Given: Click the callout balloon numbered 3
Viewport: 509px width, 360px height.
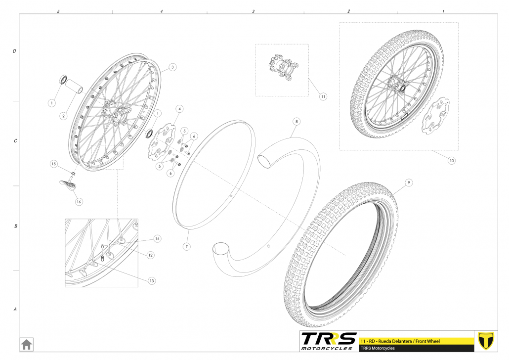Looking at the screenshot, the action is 172,67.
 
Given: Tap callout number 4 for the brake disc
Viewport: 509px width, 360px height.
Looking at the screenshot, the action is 179,109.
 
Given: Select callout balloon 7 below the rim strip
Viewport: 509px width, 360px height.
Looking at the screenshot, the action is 186,247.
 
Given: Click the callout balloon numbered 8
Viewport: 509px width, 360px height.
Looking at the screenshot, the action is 297,122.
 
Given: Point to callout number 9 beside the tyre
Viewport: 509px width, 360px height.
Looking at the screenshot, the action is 409,183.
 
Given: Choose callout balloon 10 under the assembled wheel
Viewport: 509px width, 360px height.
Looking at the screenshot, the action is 452,161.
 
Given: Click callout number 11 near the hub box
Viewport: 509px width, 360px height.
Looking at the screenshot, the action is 323,96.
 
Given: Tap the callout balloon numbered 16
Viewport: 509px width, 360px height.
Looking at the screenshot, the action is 79,202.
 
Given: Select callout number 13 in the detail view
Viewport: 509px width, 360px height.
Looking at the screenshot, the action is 152,281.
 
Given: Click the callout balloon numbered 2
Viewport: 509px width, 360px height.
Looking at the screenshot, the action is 63,116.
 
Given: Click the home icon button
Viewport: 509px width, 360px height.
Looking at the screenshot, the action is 26,344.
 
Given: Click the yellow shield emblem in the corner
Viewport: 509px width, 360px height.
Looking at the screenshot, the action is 486,341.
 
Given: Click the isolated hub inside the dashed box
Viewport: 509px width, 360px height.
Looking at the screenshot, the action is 283,68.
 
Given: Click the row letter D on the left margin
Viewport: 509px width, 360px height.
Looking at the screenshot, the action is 14,51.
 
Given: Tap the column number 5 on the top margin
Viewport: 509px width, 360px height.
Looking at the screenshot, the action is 58,11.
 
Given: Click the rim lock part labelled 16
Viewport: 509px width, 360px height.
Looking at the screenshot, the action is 68,184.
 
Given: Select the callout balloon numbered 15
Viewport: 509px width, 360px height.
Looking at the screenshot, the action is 53,164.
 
